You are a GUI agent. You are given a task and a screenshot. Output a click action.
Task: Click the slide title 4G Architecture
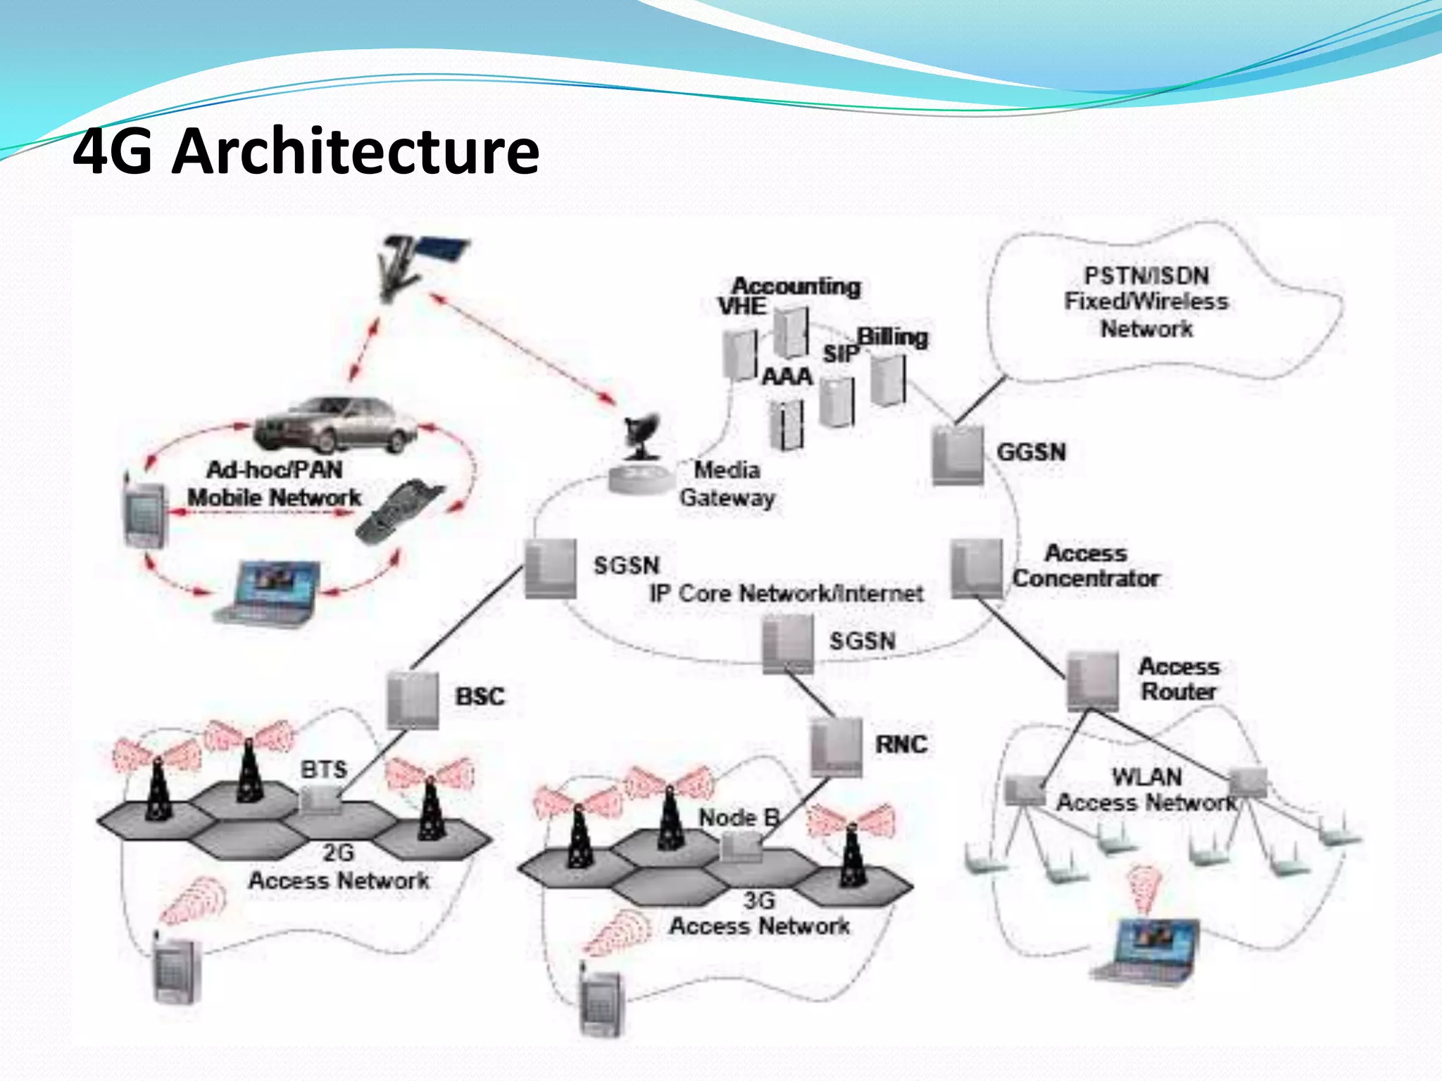[x=306, y=151]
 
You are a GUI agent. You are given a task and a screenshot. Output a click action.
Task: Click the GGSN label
[x=1031, y=452]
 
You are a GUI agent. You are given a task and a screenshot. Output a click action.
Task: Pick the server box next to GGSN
[x=958, y=455]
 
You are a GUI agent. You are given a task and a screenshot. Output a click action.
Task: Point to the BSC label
[x=479, y=697]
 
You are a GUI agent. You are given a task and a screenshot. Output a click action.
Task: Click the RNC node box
[x=836, y=747]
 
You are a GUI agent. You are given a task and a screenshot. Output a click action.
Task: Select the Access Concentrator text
[x=1086, y=566]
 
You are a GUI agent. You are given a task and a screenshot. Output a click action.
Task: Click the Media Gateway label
[x=727, y=483]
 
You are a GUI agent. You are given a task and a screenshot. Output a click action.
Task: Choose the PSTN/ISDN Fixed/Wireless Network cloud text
[x=1146, y=302]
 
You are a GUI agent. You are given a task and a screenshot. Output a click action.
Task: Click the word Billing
[x=892, y=337]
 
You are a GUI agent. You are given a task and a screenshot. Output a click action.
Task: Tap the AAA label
[x=787, y=377]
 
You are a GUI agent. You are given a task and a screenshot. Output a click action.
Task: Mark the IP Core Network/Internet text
[x=786, y=593]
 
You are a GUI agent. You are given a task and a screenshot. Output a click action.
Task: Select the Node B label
[x=739, y=818]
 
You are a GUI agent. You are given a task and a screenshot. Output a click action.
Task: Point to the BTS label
[x=324, y=769]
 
